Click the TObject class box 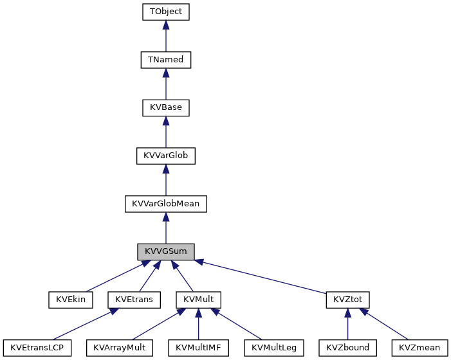(x=166, y=12)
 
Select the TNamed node (x=166, y=60)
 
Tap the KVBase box (x=166, y=107)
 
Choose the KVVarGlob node (x=166, y=156)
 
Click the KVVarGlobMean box (x=166, y=203)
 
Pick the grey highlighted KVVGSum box (x=166, y=251)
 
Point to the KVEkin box (x=71, y=300)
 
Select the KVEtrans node (x=134, y=300)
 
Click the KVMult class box (x=198, y=300)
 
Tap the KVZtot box (x=347, y=300)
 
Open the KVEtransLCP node (x=36, y=348)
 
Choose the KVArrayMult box (x=120, y=348)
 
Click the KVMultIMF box (x=198, y=348)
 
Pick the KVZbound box (x=347, y=348)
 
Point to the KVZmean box (x=419, y=348)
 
